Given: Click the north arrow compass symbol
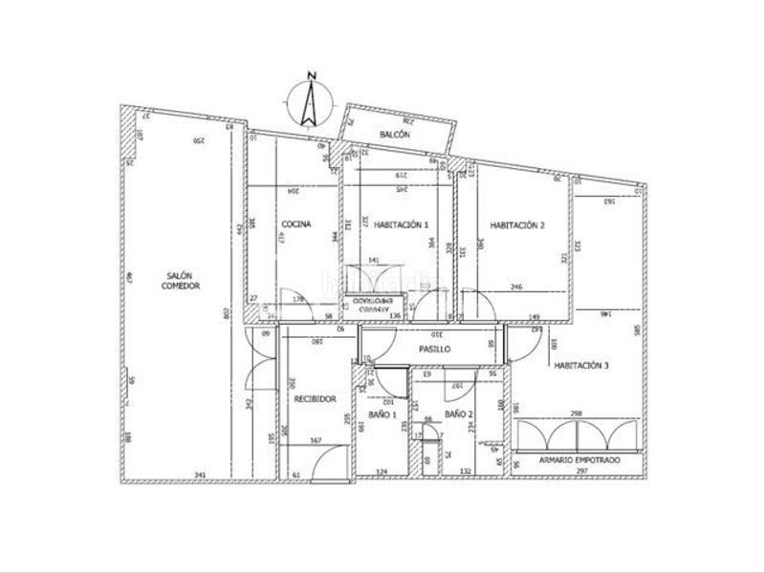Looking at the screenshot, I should [x=306, y=100].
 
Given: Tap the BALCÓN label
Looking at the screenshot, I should [x=394, y=136].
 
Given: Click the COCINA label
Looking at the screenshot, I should [x=295, y=224].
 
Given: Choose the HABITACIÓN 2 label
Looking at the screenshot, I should [x=517, y=225].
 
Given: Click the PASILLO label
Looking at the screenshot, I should [x=434, y=350].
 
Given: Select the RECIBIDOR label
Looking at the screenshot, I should [x=315, y=399].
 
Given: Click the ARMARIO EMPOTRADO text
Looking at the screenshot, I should [x=579, y=460].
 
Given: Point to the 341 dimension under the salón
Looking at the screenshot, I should [x=199, y=474].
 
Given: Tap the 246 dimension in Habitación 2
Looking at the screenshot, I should [x=516, y=286].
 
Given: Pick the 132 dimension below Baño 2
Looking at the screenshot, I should [x=467, y=472].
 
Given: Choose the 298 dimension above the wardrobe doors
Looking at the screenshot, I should [x=576, y=414].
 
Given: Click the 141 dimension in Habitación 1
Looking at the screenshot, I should [x=373, y=260].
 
